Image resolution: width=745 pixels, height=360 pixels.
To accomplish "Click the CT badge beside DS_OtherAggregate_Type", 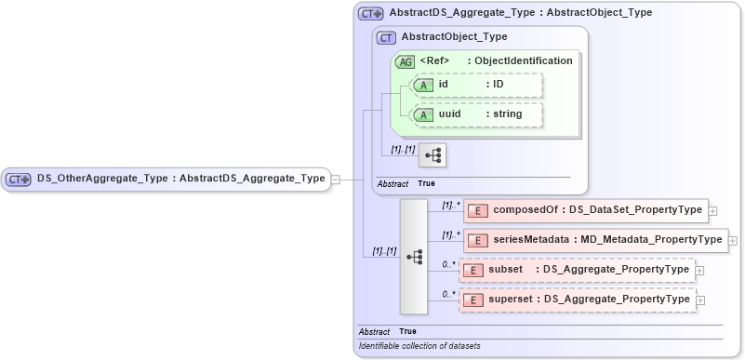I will click(x=20, y=179).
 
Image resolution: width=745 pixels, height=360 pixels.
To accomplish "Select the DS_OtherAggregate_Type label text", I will click(x=103, y=179).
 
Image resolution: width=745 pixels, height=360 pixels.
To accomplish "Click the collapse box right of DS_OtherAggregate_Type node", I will click(x=336, y=179).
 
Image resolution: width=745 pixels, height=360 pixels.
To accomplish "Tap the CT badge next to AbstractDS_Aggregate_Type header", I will click(x=371, y=14).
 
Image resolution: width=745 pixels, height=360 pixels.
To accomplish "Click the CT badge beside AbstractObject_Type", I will click(x=386, y=37).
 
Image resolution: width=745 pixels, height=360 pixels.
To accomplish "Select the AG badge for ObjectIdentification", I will click(x=405, y=61).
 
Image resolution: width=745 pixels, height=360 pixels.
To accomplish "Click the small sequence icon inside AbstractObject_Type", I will click(x=432, y=154).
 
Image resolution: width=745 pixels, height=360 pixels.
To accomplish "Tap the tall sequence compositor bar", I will click(x=413, y=256).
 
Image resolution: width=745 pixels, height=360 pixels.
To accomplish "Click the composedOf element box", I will click(x=585, y=210).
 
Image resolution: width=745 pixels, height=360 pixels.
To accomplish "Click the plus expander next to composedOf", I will click(x=713, y=211).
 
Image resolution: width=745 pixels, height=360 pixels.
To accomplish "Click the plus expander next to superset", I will click(x=700, y=301).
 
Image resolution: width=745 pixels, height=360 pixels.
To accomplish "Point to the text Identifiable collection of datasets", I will click(x=419, y=346).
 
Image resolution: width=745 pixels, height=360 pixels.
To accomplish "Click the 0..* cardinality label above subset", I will click(x=448, y=264).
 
